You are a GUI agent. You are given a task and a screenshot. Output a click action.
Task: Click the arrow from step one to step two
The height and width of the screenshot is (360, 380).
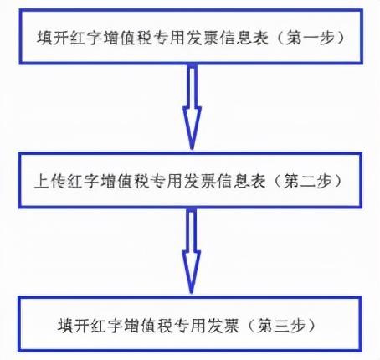(192, 106)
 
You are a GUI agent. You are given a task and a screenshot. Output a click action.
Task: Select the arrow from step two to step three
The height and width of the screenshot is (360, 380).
(192, 251)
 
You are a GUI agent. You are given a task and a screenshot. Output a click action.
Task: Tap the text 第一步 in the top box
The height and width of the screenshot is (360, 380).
(311, 38)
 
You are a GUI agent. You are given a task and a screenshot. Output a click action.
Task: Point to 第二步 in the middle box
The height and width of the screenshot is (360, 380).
(307, 181)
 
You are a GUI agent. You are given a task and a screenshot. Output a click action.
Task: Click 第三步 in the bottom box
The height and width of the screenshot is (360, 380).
(281, 326)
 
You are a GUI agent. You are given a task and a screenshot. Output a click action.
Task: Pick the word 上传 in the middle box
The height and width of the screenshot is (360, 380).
(50, 181)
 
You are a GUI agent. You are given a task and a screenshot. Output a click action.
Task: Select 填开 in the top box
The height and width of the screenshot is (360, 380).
(53, 38)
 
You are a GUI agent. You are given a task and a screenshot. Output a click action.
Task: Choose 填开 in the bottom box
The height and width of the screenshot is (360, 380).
(74, 326)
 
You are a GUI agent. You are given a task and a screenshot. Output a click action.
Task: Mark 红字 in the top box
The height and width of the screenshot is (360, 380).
(86, 38)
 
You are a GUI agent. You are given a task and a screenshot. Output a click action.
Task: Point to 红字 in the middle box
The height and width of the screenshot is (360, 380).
(84, 181)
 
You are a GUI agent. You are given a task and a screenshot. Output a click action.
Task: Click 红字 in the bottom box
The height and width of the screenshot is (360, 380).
(107, 326)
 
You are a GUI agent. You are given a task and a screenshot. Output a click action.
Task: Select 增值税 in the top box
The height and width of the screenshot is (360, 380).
(127, 38)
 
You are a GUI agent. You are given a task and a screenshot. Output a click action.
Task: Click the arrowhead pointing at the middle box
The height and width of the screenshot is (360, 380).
(192, 128)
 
